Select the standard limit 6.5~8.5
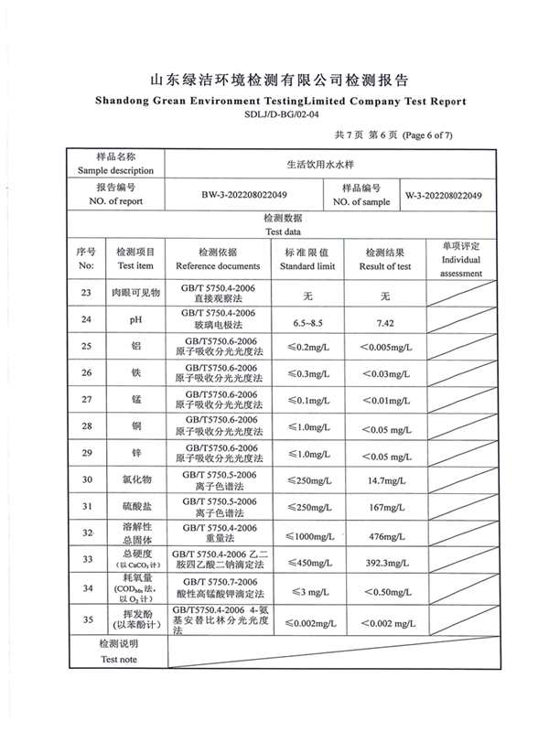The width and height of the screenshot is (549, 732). (307, 324)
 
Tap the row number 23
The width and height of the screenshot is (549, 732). (86, 293)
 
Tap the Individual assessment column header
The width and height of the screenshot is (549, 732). (461, 260)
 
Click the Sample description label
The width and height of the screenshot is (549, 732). (115, 163)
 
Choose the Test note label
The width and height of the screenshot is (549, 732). (119, 651)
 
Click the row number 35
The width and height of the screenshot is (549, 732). (86, 619)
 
